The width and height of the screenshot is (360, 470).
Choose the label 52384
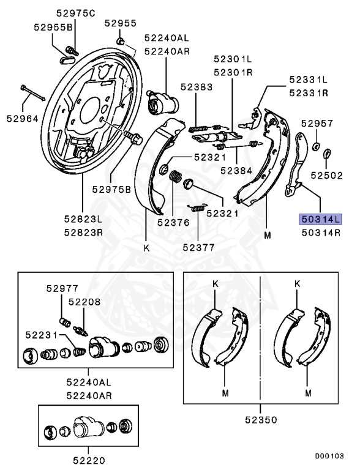[236, 171]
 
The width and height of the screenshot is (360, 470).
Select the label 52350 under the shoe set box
[261, 420]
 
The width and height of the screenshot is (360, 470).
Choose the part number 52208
[83, 302]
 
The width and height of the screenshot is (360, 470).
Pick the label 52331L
[309, 80]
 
